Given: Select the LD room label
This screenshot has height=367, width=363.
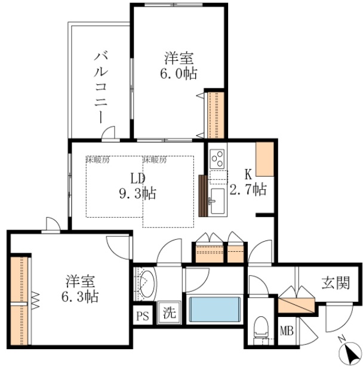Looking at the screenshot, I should pos(138,178).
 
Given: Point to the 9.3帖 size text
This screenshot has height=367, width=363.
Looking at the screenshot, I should pos(138,193).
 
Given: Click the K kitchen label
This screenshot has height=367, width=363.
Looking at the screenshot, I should pos(247,175).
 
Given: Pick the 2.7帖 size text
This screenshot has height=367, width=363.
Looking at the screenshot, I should pos(247,190).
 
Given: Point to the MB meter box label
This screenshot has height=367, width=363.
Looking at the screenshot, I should pos(287,329).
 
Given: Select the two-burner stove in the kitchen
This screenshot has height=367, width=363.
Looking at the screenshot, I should pos(217,158).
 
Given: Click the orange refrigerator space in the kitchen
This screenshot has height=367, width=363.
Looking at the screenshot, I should pos(264,158).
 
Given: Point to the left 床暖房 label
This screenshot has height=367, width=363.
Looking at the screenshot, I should pos(97,160).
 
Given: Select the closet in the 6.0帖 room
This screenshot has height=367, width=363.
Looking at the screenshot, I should pos(214,114).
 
